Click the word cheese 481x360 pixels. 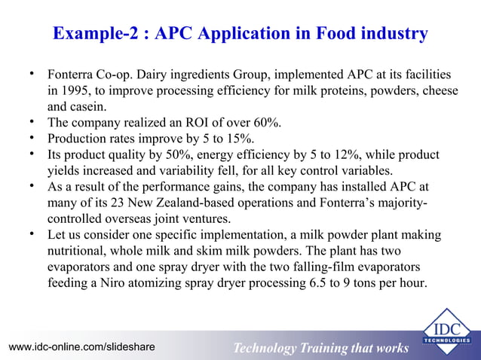(437, 91)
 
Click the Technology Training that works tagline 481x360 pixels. (320, 347)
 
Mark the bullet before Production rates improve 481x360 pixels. (33, 138)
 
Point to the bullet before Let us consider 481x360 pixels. (33, 235)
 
